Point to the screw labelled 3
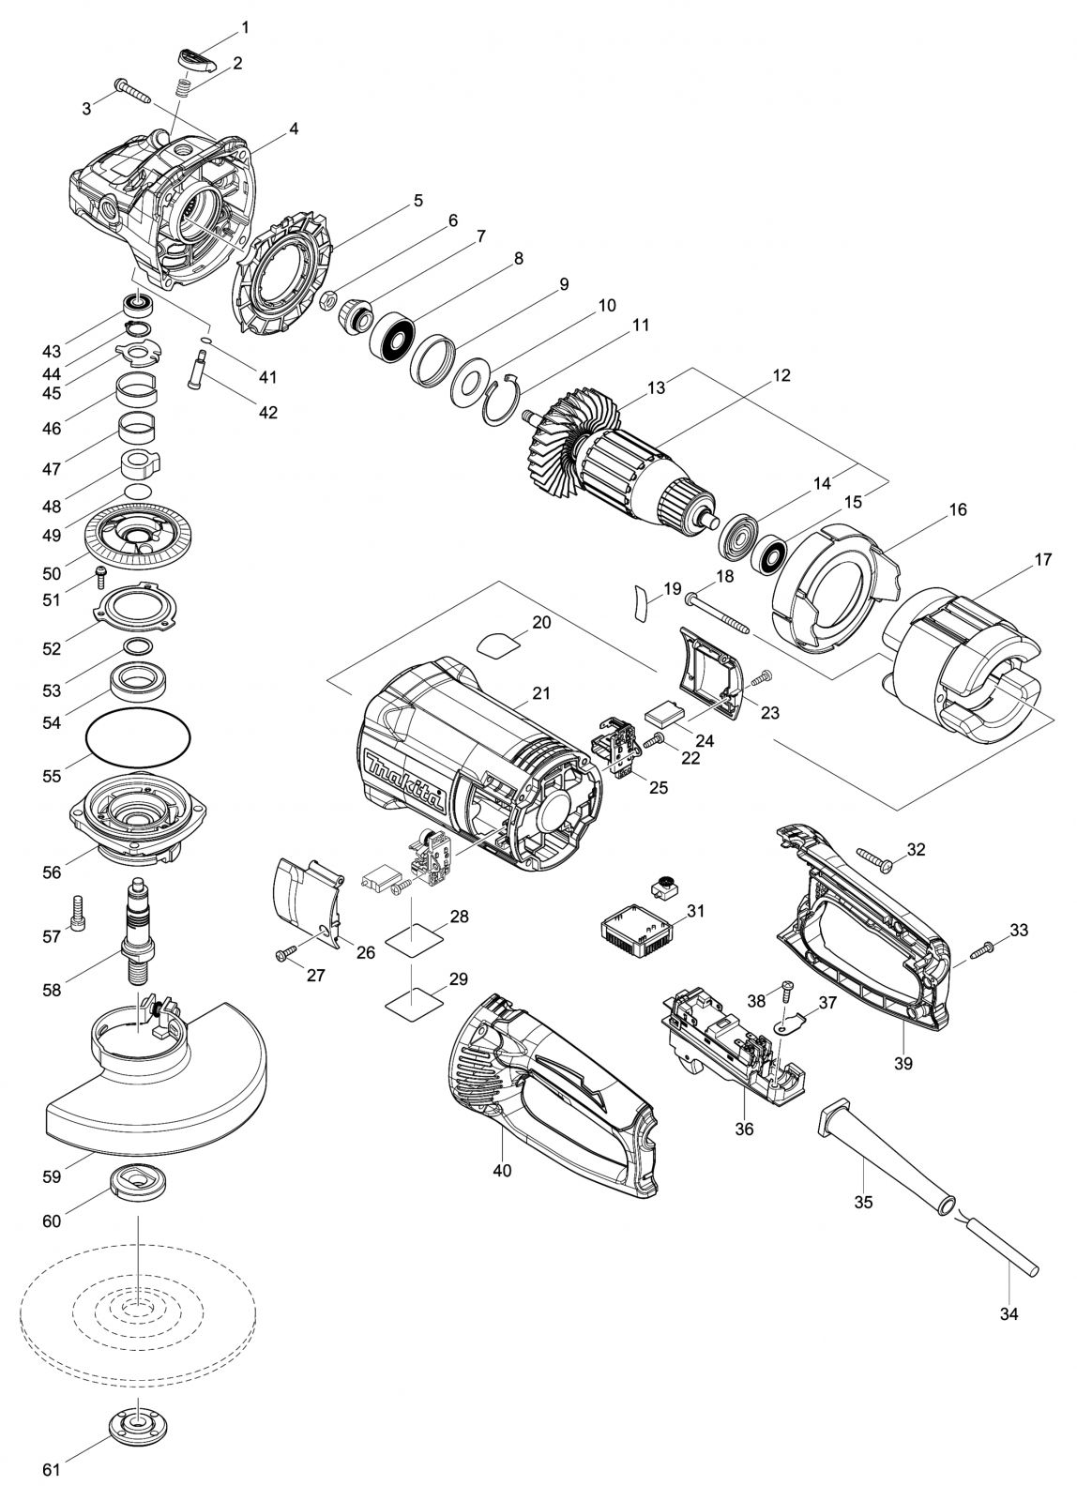point(132,90)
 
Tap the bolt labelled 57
point(75,909)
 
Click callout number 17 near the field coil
point(1042,559)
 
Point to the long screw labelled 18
point(720,611)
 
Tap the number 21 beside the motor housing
point(540,693)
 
